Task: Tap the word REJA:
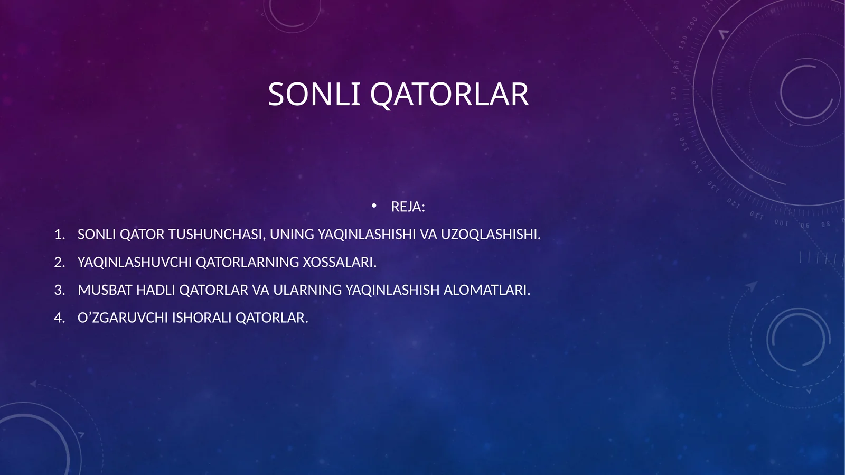(x=408, y=207)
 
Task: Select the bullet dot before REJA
(x=374, y=206)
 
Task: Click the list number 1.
(x=59, y=235)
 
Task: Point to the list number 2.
(x=59, y=263)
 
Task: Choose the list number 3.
(x=59, y=290)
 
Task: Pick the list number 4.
(x=59, y=318)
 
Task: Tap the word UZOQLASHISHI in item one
(x=490, y=235)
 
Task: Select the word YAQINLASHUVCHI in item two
(x=135, y=263)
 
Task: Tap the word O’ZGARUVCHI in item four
(x=123, y=318)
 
